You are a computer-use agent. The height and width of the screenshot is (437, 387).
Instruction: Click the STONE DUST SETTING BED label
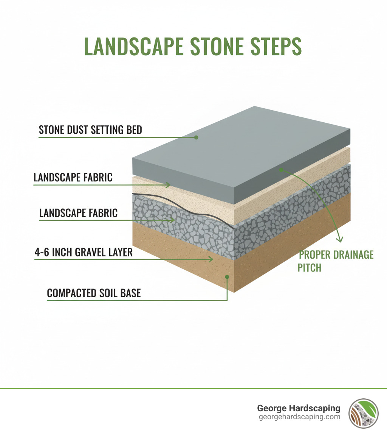pyautogui.click(x=90, y=130)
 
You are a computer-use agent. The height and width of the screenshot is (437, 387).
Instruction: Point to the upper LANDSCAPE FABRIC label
pyautogui.click(x=73, y=177)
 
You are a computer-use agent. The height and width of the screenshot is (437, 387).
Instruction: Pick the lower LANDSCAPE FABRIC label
pyautogui.click(x=78, y=212)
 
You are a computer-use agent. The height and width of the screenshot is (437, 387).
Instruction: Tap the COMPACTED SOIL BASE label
pyautogui.click(x=94, y=293)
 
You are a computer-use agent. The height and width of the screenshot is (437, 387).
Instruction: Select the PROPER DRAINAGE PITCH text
pyautogui.click(x=336, y=261)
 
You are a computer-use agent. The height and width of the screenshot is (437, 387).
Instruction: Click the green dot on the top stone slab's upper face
pyautogui.click(x=196, y=137)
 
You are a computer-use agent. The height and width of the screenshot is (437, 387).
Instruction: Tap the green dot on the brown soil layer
pyautogui.click(x=227, y=277)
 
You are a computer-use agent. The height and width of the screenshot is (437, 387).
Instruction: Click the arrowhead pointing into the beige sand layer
pyautogui.click(x=168, y=185)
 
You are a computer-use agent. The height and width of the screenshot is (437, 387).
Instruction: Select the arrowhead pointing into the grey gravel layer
pyautogui.click(x=172, y=220)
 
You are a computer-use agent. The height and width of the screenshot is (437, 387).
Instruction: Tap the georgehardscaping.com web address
pyautogui.click(x=299, y=417)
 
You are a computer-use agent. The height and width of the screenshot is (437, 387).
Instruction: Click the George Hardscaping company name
pyautogui.click(x=299, y=408)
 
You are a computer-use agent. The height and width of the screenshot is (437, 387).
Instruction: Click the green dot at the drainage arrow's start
pyautogui.click(x=281, y=170)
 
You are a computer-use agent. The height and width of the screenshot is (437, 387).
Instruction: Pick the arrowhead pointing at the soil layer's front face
pyautogui.click(x=211, y=259)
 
